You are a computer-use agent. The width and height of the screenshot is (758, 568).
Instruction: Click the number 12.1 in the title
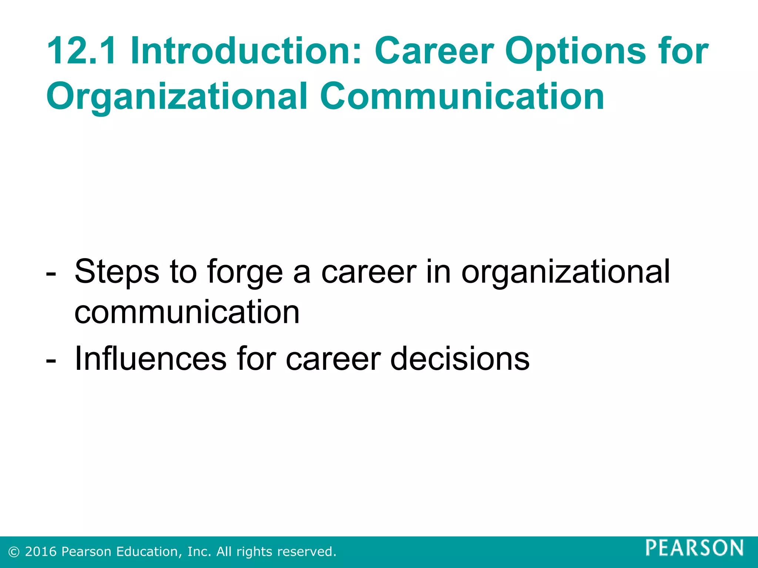tap(81, 51)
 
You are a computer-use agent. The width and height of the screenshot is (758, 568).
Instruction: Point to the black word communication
tap(187, 312)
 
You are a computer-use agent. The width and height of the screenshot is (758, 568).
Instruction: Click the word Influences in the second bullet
tap(150, 358)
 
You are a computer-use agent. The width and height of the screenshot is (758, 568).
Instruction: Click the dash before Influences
tap(51, 361)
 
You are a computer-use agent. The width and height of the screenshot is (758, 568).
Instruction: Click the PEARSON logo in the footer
tap(694, 548)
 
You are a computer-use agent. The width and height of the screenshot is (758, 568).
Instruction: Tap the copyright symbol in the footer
tap(14, 552)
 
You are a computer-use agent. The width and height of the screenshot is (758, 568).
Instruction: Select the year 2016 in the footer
tap(41, 552)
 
